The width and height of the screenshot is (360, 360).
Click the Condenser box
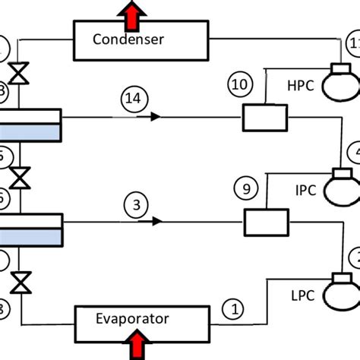click(x=141, y=40)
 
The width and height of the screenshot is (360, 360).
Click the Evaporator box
click(x=141, y=320)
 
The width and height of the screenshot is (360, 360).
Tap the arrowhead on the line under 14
click(x=155, y=118)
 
